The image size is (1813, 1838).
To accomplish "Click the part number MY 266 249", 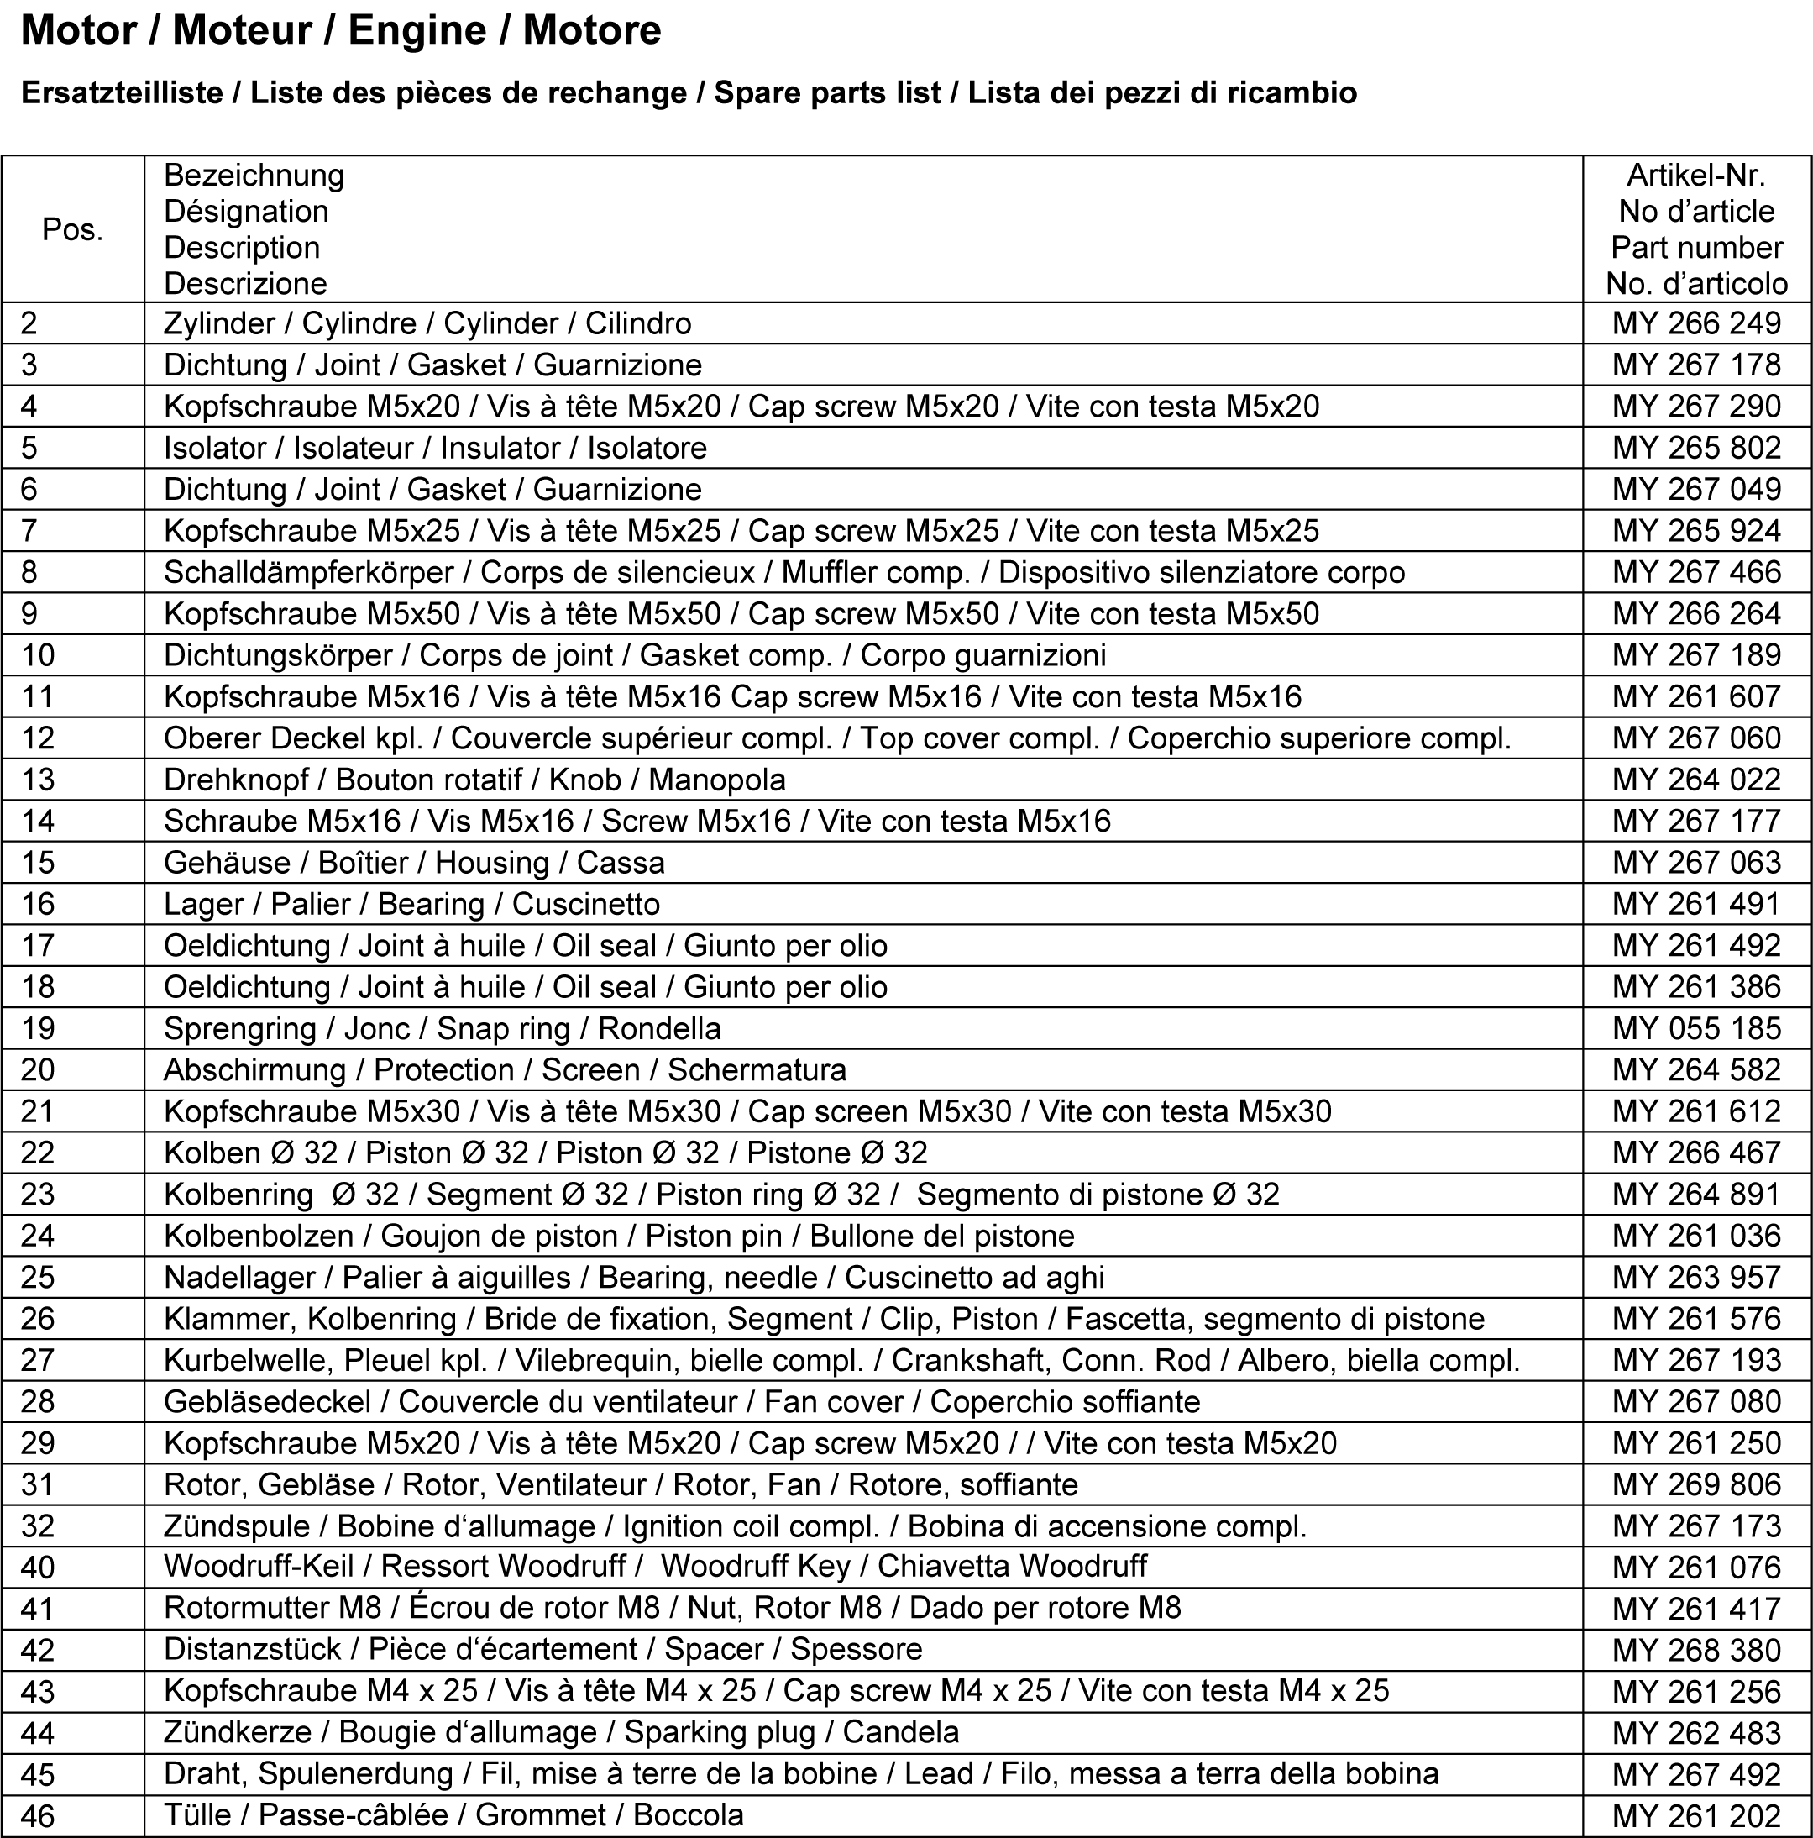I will pyautogui.click(x=1696, y=323).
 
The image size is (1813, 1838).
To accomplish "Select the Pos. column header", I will pyautogui.click(x=72, y=229).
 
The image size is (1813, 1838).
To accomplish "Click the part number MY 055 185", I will pyautogui.click(x=1696, y=1028).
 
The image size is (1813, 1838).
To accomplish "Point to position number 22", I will pyautogui.click(x=38, y=1153).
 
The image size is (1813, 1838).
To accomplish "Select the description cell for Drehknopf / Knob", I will pyautogui.click(x=474, y=780).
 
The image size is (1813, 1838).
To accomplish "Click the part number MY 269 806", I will pyautogui.click(x=1696, y=1485).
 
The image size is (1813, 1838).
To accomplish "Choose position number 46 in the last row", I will pyautogui.click(x=38, y=1815).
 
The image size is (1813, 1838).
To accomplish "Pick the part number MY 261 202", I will pyautogui.click(x=1696, y=1816).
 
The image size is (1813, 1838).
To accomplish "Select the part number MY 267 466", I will pyautogui.click(x=1696, y=573).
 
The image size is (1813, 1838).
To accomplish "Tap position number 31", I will pyautogui.click(x=38, y=1485).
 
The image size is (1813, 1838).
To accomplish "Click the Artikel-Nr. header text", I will pyautogui.click(x=1696, y=175).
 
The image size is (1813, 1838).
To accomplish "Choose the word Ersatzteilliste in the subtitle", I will pyautogui.click(x=121, y=93).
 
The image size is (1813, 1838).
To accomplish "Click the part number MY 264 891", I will pyautogui.click(x=1696, y=1195).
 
